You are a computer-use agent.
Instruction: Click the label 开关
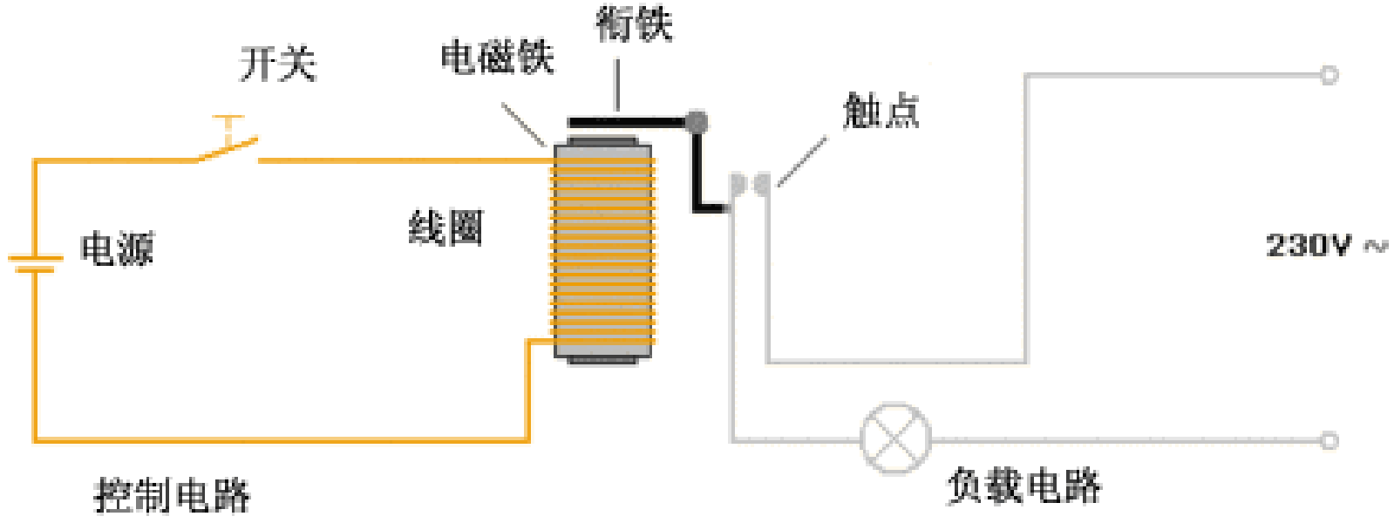pos(277,64)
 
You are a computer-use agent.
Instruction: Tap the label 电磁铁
pos(496,58)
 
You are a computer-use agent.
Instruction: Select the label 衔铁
pos(634,24)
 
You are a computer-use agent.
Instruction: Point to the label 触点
pos(881,112)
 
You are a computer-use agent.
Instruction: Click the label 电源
pos(117,249)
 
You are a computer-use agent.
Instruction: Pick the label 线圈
pos(445,228)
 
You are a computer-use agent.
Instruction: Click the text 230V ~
pos(1324,245)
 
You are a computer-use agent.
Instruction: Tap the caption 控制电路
pos(172,495)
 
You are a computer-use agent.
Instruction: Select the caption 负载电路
pos(1023,486)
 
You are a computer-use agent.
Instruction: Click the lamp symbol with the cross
pos(894,438)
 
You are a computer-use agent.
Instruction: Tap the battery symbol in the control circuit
pos(36,262)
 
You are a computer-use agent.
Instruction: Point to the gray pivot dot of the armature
pos(696,122)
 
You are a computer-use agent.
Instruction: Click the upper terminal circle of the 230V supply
pos(1329,75)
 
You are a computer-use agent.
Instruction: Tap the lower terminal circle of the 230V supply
pos(1329,440)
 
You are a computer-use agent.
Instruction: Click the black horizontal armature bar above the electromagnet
pos(623,122)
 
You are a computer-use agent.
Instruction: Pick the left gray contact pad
pos(738,184)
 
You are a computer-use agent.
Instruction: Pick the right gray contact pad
pos(763,184)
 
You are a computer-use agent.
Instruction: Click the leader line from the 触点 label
pos(802,161)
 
